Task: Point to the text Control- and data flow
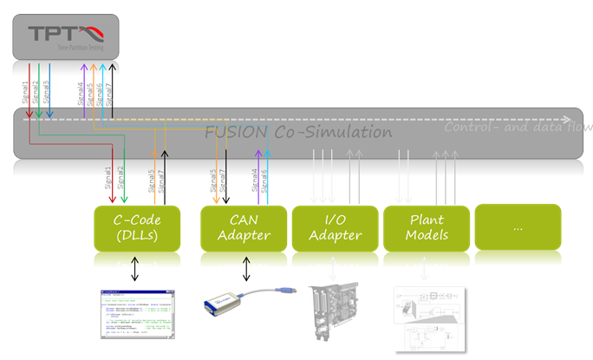tap(518, 128)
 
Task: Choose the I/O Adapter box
tap(334, 228)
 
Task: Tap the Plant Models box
tap(425, 228)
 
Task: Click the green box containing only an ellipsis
tap(518, 228)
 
